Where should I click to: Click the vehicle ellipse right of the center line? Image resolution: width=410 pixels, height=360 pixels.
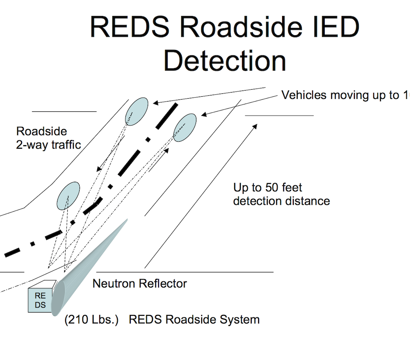185,127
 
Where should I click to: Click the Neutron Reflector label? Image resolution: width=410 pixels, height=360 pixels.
140,283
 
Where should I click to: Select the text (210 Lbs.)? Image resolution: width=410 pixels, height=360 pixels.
91,319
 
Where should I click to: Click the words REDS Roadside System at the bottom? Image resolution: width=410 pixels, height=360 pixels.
194,319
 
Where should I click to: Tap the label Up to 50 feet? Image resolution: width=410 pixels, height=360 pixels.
268,188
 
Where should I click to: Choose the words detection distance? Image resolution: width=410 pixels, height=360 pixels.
282,201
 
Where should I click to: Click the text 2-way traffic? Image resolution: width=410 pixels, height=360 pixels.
49,145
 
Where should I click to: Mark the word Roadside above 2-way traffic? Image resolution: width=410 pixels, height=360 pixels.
41,131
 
